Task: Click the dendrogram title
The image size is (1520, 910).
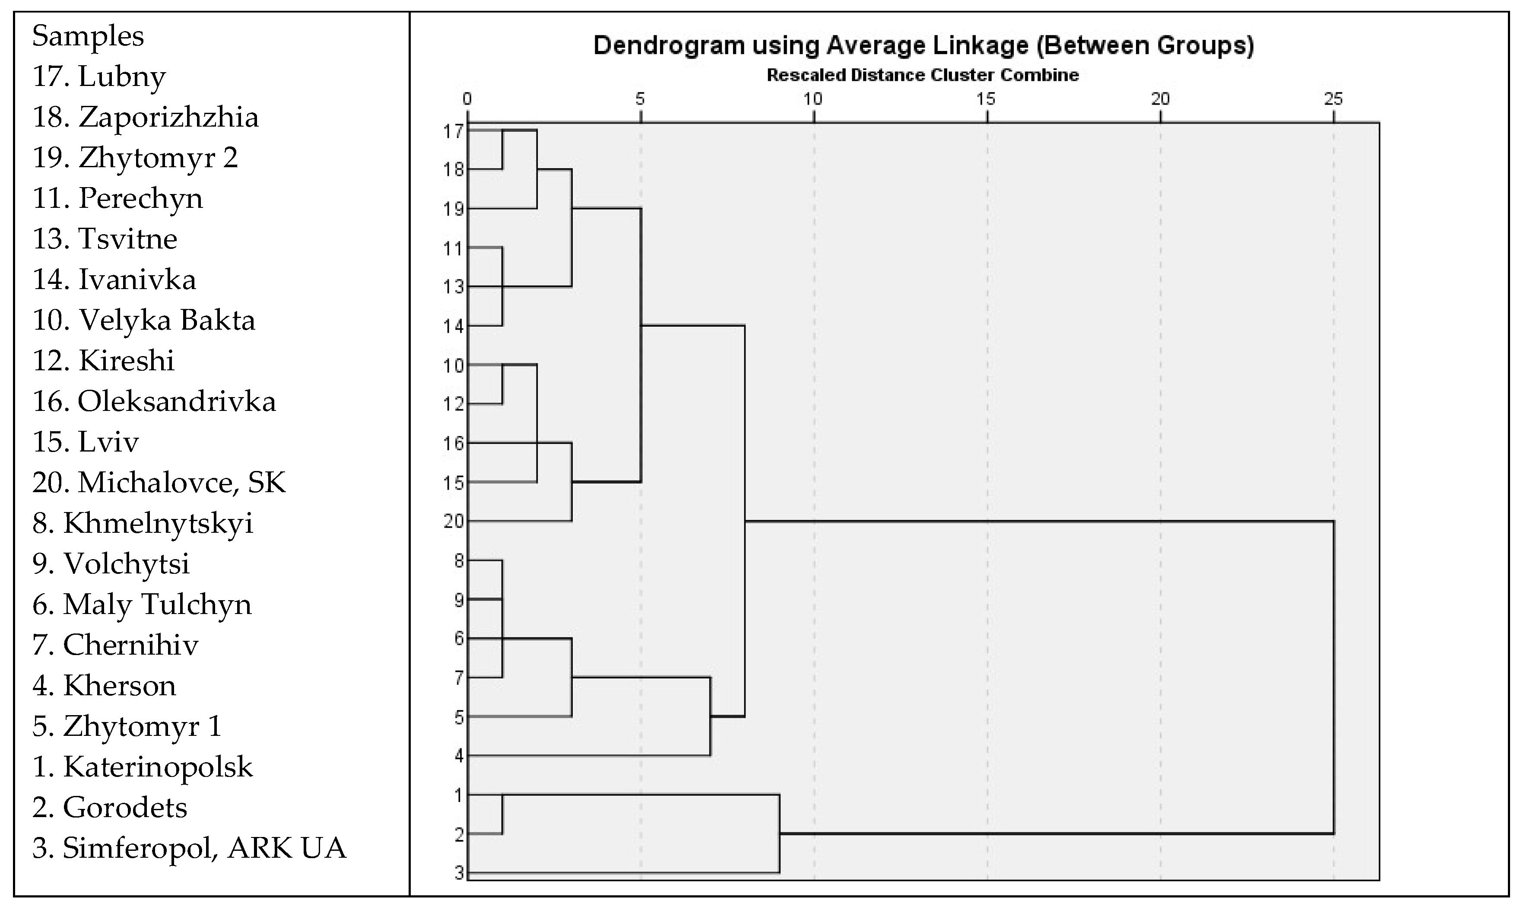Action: coord(923,46)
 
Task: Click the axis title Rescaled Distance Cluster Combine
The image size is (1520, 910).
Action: coord(923,76)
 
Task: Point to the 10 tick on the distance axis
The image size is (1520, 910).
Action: coord(813,98)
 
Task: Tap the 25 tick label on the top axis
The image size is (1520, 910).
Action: coord(1333,98)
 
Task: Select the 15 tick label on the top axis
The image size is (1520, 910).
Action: coord(986,98)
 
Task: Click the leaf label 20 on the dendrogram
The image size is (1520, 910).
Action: coord(454,522)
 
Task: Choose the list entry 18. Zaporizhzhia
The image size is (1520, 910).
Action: coord(145,117)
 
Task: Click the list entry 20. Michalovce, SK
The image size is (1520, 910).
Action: coord(159,483)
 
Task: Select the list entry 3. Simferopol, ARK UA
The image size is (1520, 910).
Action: coord(189,848)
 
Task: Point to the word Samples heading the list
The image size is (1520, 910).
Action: coord(88,36)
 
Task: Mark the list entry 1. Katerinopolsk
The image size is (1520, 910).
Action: coord(142,767)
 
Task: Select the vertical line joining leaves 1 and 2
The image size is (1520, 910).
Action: coord(503,815)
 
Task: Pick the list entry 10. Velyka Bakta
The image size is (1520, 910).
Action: coord(143,321)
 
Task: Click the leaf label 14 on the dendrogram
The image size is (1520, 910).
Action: coord(454,326)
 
